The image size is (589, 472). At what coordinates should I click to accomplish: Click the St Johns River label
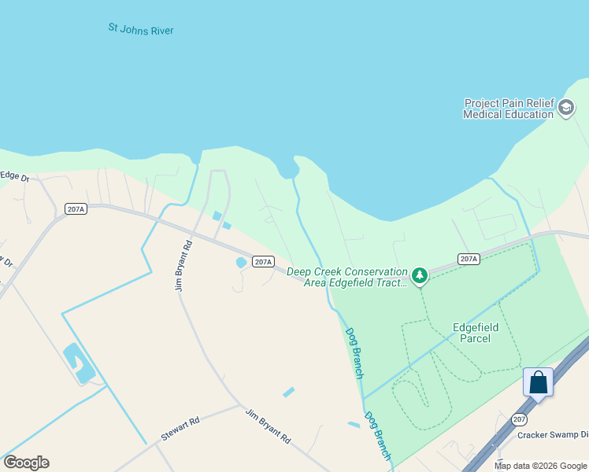coord(141,30)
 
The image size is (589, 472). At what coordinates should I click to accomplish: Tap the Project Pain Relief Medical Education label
coord(508,109)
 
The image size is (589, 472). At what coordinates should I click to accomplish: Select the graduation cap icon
coord(566,108)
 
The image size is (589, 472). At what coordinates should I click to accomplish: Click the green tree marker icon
coord(420,275)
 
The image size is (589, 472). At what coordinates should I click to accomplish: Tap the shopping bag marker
coord(539,382)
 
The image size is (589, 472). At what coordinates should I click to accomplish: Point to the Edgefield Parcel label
coord(472,333)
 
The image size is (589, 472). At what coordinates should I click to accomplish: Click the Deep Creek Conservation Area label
coord(347,277)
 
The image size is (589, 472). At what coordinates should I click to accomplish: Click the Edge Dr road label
coord(14,177)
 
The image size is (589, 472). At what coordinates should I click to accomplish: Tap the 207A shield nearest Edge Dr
coord(76,209)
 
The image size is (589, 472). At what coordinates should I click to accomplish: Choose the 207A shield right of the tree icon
coord(469,259)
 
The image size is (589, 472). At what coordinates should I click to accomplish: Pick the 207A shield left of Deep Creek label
coord(263,262)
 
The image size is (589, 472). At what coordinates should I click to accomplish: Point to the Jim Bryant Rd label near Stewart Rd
coord(268,427)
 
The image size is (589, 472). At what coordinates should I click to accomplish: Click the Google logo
coord(26,463)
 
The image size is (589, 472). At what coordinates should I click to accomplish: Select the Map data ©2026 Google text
coord(540,466)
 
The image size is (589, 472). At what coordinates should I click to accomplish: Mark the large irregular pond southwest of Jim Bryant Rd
coord(79,363)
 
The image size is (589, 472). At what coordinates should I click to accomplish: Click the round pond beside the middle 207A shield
coord(240,263)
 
